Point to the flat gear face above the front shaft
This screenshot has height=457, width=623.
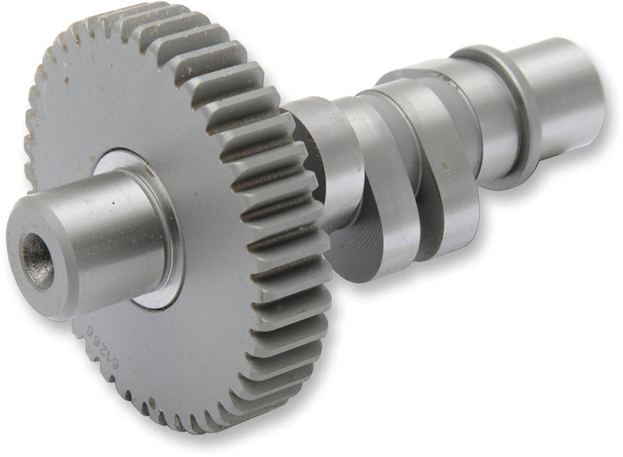(132, 101)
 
